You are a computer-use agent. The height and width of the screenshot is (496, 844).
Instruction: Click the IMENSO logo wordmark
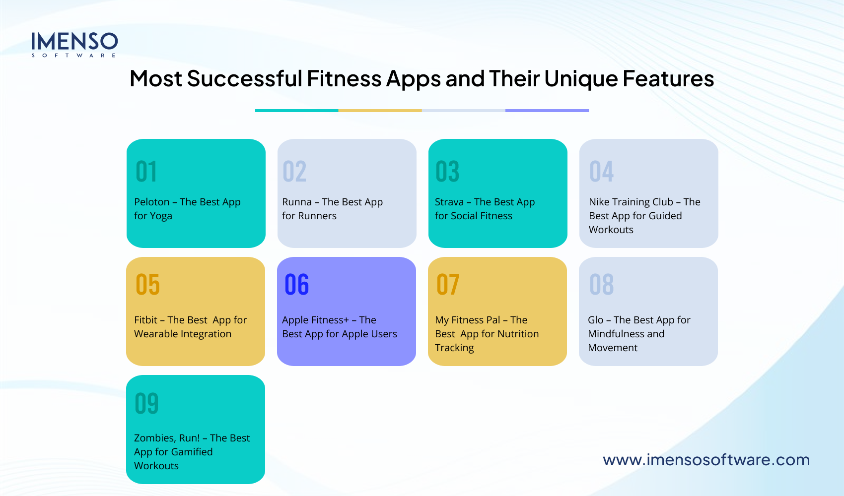pos(74,42)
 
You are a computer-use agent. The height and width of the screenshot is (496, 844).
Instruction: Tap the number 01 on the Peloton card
pos(146,172)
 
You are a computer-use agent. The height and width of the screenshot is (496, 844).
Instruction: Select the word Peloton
pos(151,202)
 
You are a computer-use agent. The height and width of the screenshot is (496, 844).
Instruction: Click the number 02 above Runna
pos(294,172)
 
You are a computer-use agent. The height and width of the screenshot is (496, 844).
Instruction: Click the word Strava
pos(449,202)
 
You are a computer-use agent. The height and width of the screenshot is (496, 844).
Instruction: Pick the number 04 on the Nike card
pos(601,172)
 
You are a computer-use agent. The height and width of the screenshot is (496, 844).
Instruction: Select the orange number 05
pos(148,285)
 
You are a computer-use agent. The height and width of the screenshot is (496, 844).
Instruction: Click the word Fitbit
pos(145,320)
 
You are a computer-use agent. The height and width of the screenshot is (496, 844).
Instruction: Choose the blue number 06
pos(297,285)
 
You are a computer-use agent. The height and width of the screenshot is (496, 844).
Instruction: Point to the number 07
pos(448,285)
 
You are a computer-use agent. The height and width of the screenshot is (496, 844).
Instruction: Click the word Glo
pos(595,320)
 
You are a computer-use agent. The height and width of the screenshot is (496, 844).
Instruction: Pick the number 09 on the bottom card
pos(146,403)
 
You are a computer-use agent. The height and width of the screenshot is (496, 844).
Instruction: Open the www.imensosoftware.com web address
pos(706,460)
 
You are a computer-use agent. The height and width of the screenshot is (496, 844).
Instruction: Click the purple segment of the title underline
pos(547,110)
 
